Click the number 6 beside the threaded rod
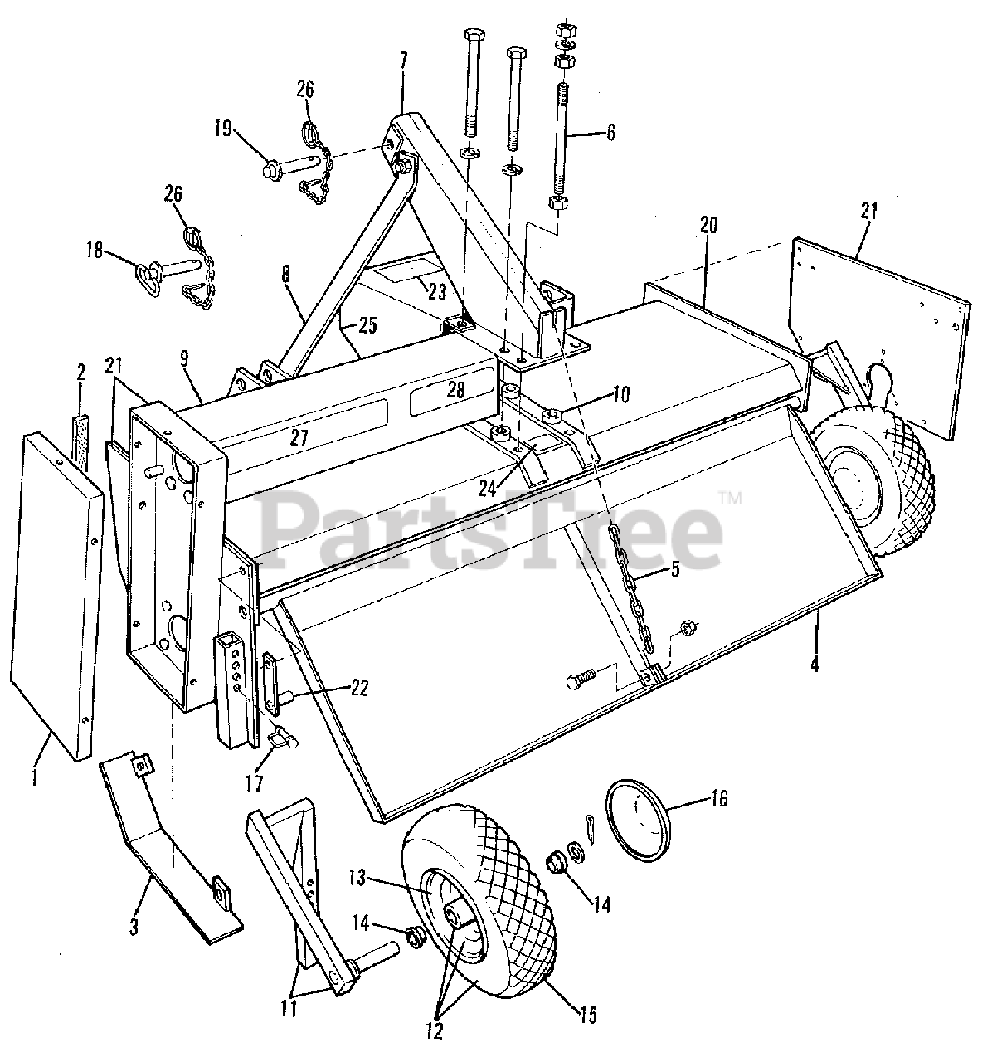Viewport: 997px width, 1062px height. point(610,132)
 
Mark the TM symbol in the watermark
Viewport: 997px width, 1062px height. point(731,497)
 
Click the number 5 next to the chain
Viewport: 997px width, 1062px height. point(674,571)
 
